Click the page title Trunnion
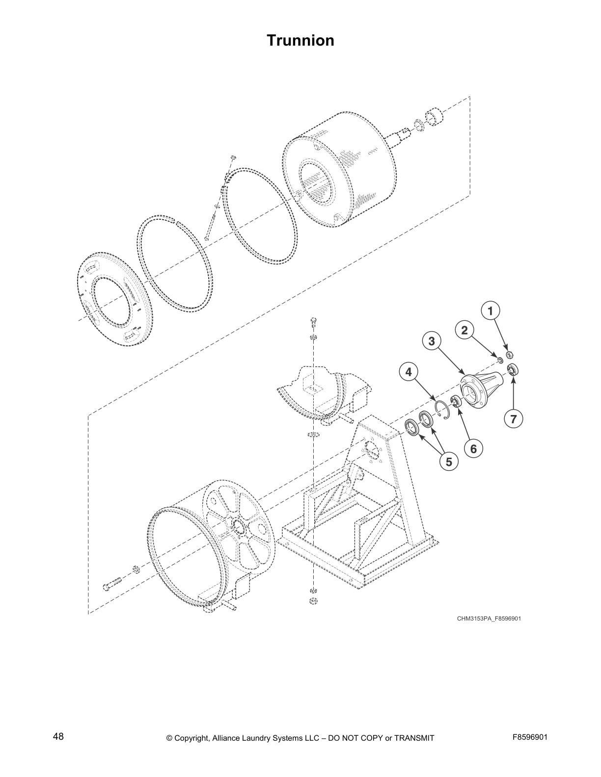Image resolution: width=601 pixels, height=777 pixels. pyautogui.click(x=300, y=40)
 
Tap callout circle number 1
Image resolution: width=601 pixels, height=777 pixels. pyautogui.click(x=490, y=311)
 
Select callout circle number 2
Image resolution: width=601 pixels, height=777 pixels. pyautogui.click(x=464, y=330)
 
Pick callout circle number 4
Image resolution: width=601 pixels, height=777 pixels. pyautogui.click(x=408, y=372)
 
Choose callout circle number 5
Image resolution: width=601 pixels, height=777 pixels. pyautogui.click(x=448, y=462)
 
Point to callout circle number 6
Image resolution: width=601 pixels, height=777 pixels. pyautogui.click(x=473, y=448)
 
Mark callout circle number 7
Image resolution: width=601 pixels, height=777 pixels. pyautogui.click(x=513, y=419)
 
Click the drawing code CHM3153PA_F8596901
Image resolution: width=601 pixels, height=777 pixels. pyautogui.click(x=489, y=619)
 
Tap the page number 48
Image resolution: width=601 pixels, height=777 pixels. pyautogui.click(x=58, y=737)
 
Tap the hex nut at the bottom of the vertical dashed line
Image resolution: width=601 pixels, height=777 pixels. pyautogui.click(x=312, y=601)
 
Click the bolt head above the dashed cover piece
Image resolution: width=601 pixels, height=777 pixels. pyautogui.click(x=313, y=322)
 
